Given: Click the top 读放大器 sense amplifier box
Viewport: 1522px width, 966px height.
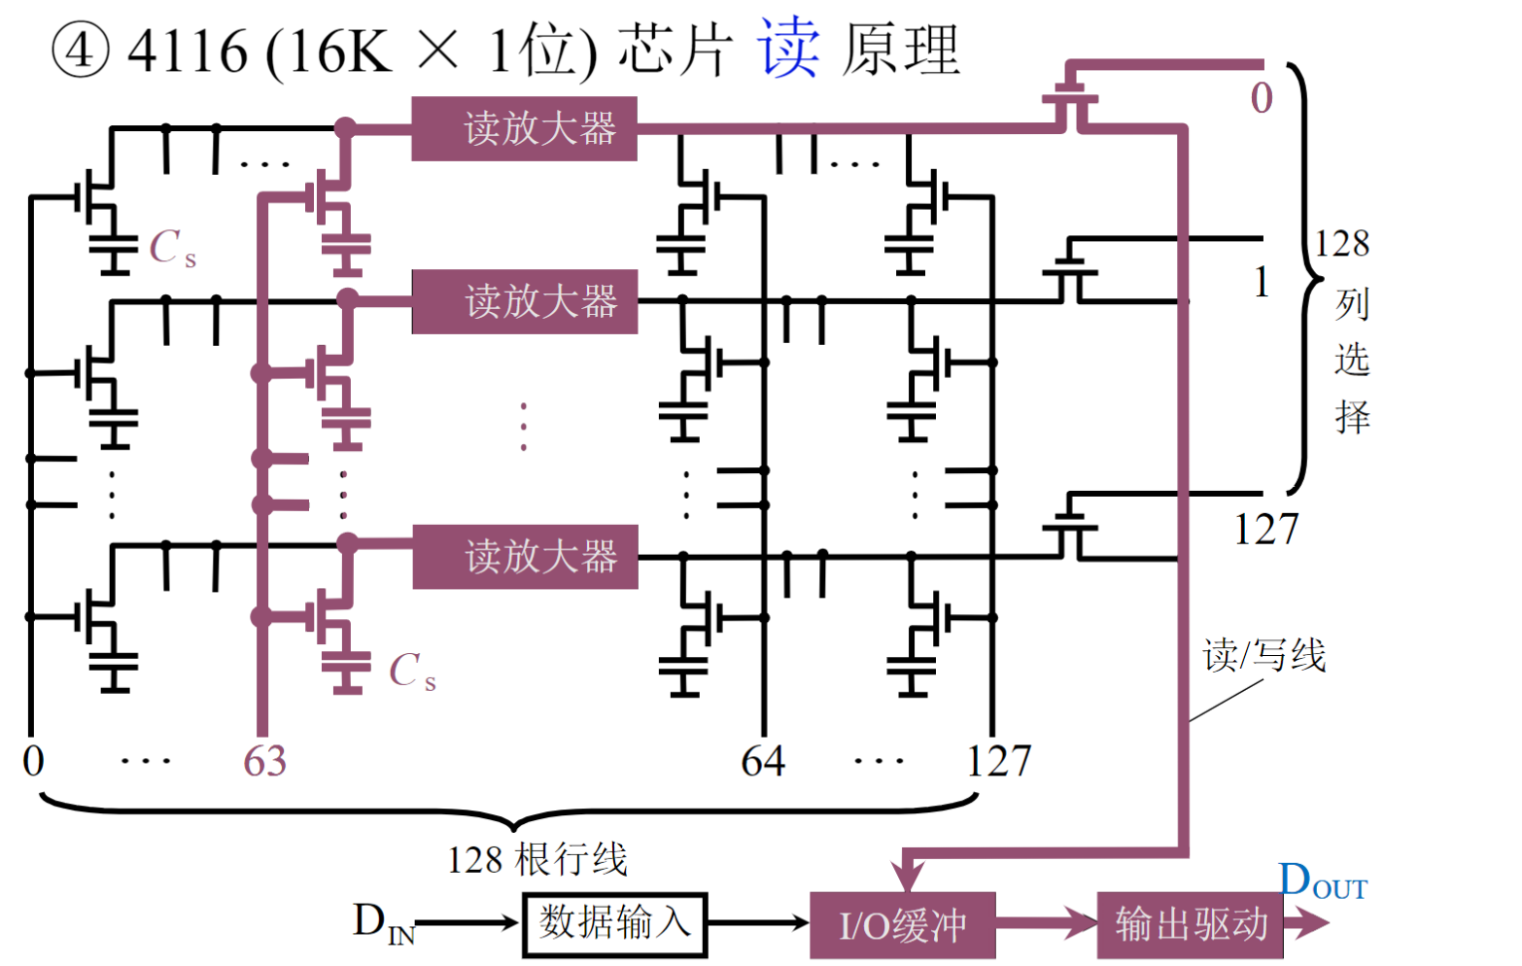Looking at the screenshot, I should coord(525,128).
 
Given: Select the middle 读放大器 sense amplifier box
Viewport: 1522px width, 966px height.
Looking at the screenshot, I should coord(525,301).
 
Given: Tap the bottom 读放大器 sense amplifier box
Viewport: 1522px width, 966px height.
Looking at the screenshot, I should coord(525,557).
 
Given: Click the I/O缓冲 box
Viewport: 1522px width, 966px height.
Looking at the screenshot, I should coord(902,924).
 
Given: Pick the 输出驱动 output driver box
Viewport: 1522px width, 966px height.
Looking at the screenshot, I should coord(1190,924).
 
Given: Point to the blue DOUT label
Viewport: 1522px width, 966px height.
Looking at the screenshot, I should coord(1322,882).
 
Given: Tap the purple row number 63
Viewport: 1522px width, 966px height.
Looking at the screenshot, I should coord(264,761).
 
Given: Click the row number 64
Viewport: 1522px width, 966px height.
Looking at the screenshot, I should coord(763,761).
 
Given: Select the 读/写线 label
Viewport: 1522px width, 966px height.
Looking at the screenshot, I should coord(1263,655).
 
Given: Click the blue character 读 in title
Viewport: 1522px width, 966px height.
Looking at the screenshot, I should coord(788,49).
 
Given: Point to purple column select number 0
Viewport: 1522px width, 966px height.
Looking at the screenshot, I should coord(1262,98).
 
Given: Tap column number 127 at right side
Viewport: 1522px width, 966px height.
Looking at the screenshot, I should coord(1265,530).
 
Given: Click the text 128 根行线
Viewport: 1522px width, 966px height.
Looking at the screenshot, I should coord(536,860).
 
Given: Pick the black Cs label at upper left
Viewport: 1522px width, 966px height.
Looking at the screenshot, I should coord(172,249).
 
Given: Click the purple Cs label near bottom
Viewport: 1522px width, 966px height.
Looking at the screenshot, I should coord(412,672).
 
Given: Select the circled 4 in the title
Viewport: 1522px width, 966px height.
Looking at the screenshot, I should coord(80,51).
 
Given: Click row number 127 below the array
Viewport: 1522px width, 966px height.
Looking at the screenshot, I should coord(998,761).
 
